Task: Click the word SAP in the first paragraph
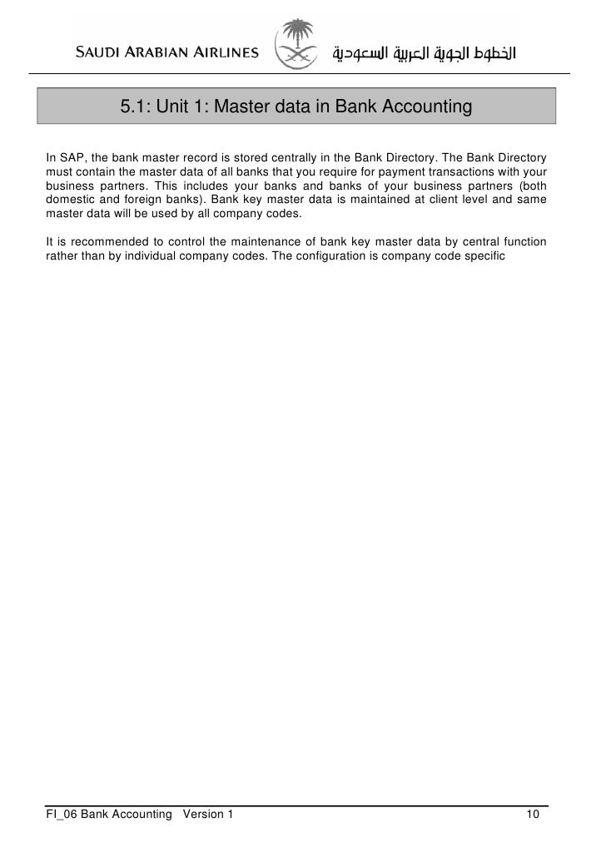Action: (x=71, y=157)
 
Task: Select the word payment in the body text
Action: (x=397, y=171)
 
